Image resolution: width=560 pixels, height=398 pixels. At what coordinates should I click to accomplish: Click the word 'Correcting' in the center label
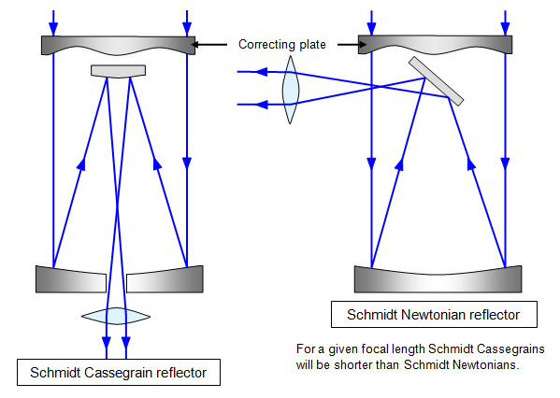tap(266, 45)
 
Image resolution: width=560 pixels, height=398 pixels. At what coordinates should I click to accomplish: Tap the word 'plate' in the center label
tap(312, 45)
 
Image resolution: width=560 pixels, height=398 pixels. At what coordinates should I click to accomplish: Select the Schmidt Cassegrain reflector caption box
tap(119, 372)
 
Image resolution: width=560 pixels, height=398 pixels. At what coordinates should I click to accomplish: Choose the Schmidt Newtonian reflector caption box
tap(434, 315)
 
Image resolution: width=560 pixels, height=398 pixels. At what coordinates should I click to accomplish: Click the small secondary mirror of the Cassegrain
tap(118, 71)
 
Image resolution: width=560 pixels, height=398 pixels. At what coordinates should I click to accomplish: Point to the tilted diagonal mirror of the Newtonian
tap(436, 81)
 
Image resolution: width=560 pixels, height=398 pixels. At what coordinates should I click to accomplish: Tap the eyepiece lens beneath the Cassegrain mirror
tap(116, 316)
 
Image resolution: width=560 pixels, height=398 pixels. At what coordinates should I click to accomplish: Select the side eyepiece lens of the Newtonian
tap(291, 90)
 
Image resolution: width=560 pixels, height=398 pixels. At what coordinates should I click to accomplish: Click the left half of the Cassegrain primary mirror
tap(71, 280)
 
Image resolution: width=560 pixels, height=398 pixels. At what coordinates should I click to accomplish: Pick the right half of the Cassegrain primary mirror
tap(165, 280)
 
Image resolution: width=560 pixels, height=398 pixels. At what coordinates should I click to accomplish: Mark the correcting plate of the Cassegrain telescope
tap(118, 45)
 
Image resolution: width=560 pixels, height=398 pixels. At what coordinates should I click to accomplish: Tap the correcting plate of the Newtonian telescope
tap(435, 44)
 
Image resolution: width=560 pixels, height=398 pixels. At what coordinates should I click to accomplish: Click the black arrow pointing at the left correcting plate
tap(208, 45)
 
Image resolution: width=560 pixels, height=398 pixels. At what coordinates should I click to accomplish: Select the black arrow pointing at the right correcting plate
tap(352, 45)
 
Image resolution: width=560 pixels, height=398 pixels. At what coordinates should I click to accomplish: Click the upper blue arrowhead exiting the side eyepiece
tap(262, 72)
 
